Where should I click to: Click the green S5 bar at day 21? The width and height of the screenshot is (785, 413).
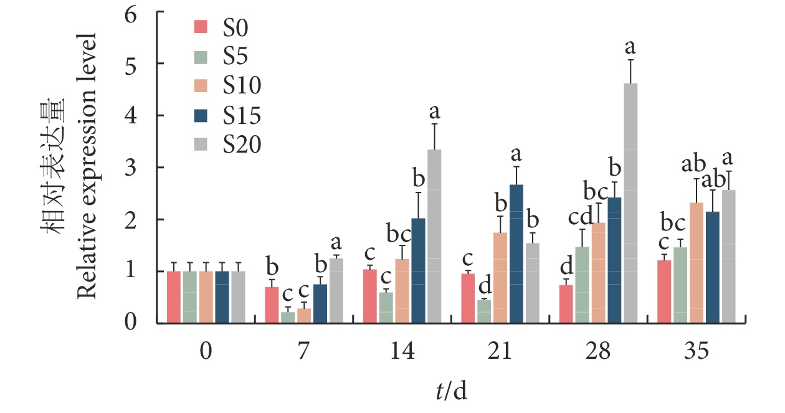(x=483, y=311)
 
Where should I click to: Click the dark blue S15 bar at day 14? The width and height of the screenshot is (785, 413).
(x=418, y=270)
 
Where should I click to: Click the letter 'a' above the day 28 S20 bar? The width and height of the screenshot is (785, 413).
(x=630, y=47)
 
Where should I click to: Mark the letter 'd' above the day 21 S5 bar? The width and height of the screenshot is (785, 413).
(x=483, y=288)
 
